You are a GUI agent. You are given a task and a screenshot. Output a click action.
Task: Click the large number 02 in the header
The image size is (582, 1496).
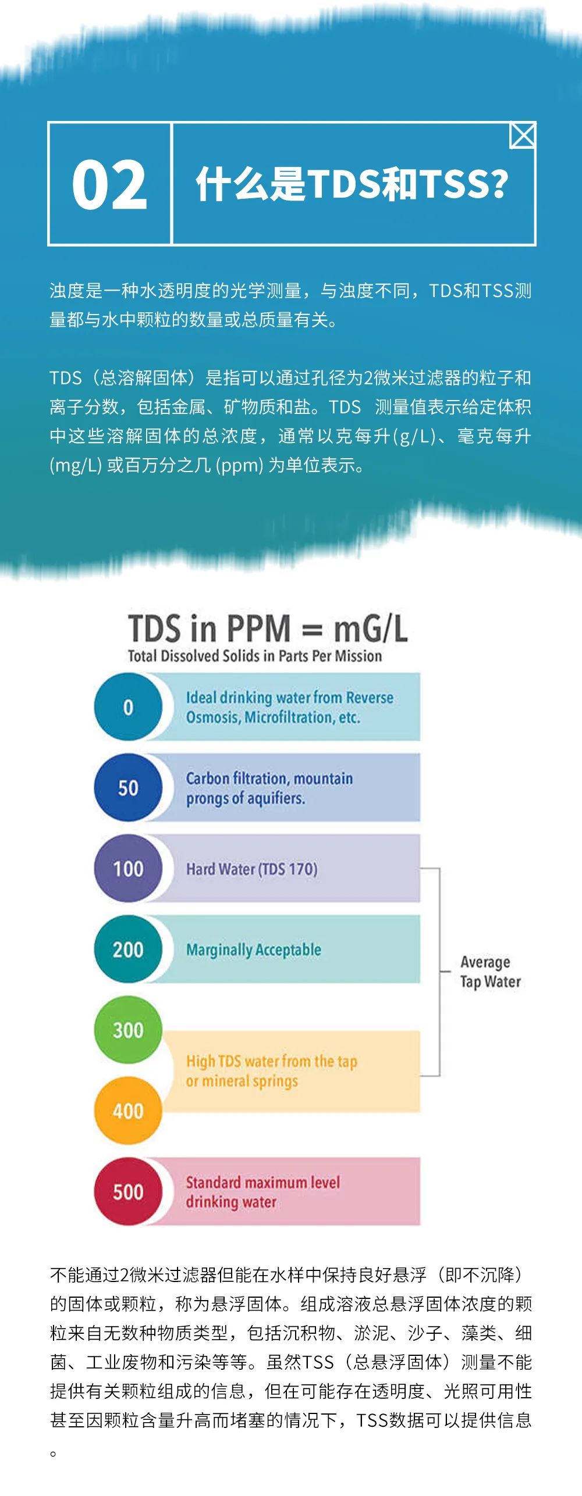[109, 184]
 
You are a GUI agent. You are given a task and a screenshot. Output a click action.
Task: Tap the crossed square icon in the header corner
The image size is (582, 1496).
[522, 135]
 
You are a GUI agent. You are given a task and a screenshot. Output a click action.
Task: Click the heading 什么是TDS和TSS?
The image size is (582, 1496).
[352, 184]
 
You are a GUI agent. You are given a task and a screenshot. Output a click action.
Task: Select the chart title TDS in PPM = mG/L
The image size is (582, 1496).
[268, 628]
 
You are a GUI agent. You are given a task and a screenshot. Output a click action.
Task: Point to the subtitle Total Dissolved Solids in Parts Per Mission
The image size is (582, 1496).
[255, 656]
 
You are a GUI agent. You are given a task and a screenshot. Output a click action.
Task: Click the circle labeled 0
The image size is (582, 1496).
[128, 707]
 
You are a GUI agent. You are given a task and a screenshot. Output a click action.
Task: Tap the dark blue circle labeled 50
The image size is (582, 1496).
[128, 788]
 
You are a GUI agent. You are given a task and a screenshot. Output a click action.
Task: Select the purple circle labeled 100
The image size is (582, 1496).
[128, 869]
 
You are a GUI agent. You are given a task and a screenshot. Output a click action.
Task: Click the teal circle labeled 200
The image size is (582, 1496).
[128, 949]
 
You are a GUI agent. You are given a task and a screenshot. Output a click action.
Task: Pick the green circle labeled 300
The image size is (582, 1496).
[128, 1030]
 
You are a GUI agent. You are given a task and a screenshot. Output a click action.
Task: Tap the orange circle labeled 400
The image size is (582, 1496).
[128, 1111]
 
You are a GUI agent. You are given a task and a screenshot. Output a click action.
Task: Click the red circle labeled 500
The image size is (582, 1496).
[128, 1192]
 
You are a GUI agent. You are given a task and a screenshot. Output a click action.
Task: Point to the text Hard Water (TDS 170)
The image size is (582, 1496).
[251, 869]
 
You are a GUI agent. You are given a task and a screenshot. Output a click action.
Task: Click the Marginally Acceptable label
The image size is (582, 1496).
[253, 950]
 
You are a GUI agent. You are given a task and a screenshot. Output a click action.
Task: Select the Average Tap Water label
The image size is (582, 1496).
[490, 972]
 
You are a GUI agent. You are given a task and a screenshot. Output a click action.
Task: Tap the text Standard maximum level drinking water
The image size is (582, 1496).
[262, 1192]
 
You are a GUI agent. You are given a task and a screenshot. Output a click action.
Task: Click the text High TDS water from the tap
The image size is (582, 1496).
[271, 1061]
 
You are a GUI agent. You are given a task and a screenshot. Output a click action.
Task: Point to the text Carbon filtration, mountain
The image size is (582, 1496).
[269, 778]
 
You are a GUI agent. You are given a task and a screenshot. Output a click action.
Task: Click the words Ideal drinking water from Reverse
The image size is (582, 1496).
[289, 697]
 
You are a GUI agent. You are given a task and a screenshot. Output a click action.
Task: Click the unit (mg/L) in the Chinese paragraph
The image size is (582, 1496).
[76, 466]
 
